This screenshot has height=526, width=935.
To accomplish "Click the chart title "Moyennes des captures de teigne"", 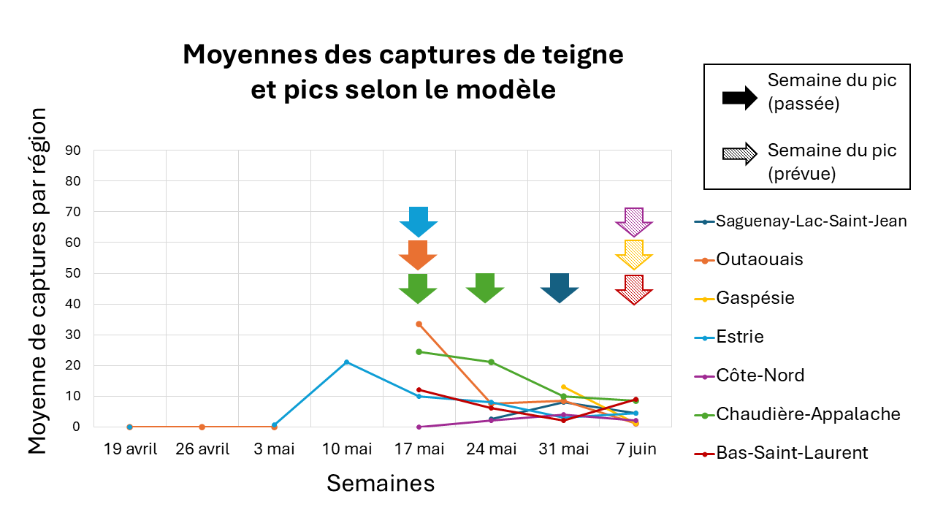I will [x=403, y=55].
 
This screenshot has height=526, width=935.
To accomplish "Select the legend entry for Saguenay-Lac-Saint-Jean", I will [x=811, y=221].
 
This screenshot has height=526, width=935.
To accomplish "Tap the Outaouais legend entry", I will [x=760, y=259].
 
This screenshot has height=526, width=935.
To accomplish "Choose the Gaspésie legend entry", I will [x=755, y=298].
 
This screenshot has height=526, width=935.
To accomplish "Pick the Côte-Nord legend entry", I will [x=760, y=376].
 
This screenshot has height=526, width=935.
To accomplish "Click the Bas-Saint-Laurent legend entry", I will [x=792, y=453].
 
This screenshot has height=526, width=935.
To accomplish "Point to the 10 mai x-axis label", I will [x=346, y=449].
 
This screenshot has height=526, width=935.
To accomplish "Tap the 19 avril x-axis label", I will [x=130, y=449].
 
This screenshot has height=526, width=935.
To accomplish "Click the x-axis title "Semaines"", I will [x=381, y=483].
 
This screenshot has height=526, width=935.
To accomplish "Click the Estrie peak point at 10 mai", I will [x=346, y=362].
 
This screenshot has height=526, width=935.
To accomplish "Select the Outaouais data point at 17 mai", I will [x=419, y=324].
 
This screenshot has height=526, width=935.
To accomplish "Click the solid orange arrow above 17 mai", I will [x=418, y=255].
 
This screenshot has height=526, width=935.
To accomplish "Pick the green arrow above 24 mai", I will [x=485, y=288].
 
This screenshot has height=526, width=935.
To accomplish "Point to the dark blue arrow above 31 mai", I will [x=560, y=288].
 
